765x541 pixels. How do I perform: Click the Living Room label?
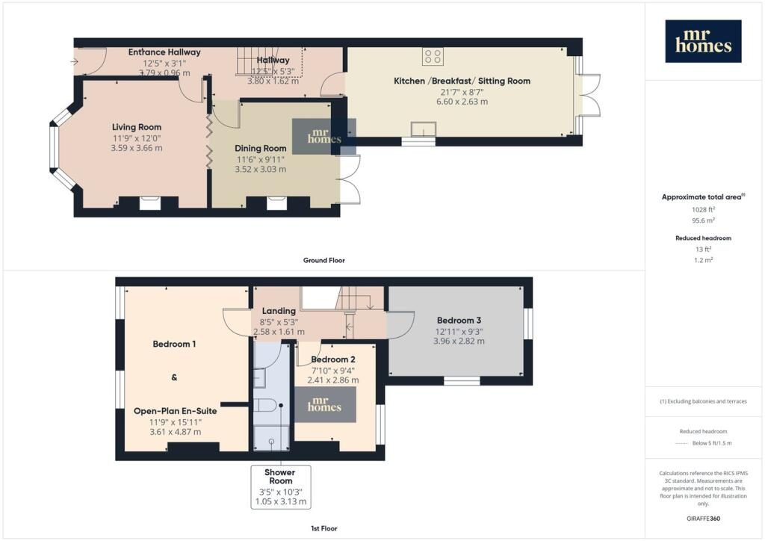pyautogui.click(x=137, y=127)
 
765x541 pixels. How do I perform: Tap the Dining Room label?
pyautogui.click(x=261, y=148)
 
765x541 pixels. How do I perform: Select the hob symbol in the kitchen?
pyautogui.click(x=433, y=56)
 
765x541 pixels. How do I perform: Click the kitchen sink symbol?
pyautogui.click(x=423, y=129)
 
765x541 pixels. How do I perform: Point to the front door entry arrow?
pyautogui.click(x=74, y=61)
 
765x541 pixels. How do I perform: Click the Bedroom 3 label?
pyautogui.click(x=459, y=321)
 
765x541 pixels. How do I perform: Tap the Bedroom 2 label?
pyautogui.click(x=333, y=359)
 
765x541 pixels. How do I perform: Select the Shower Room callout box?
pyautogui.click(x=281, y=487)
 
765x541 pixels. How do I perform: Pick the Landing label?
pyautogui.click(x=279, y=311)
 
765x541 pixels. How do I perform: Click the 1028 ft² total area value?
pyautogui.click(x=703, y=209)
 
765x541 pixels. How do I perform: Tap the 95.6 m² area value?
pyautogui.click(x=703, y=220)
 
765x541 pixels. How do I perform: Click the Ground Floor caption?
pyautogui.click(x=324, y=261)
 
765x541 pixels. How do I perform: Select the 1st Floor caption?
pyautogui.click(x=324, y=528)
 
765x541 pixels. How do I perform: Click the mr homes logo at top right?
pyautogui.click(x=703, y=41)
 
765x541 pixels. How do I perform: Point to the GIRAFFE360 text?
pyautogui.click(x=703, y=519)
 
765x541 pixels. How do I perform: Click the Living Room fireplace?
pyautogui.click(x=149, y=203)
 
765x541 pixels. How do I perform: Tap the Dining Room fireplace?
pyautogui.click(x=276, y=203)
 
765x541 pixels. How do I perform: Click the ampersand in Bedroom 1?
pyautogui.click(x=174, y=377)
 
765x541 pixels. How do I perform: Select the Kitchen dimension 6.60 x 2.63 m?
pyautogui.click(x=462, y=102)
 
